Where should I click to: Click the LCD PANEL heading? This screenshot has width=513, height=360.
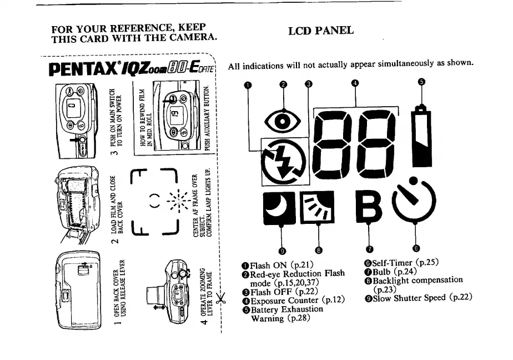pyautogui.click(x=321, y=31)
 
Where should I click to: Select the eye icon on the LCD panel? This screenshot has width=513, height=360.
pyautogui.click(x=284, y=120)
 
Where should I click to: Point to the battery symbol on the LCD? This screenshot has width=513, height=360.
pyautogui.click(x=422, y=139)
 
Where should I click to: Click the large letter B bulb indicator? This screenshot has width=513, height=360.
pyautogui.click(x=369, y=207)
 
